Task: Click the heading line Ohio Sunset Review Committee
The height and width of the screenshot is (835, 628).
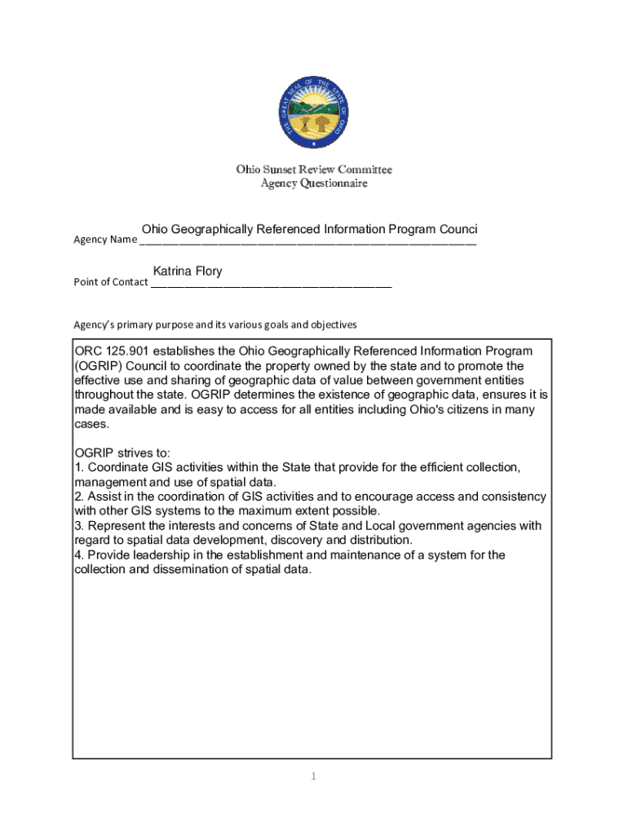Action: (x=314, y=170)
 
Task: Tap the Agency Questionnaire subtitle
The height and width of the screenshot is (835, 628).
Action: (x=314, y=183)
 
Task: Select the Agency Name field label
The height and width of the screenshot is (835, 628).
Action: (x=105, y=240)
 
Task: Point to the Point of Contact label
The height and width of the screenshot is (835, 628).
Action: (x=111, y=282)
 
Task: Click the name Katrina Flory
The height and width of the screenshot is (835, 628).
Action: (x=188, y=272)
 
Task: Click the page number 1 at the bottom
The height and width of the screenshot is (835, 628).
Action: (x=313, y=776)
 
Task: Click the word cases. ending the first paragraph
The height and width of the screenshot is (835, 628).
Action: (x=91, y=425)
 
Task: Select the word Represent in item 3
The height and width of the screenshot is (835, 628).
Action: (x=117, y=526)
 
